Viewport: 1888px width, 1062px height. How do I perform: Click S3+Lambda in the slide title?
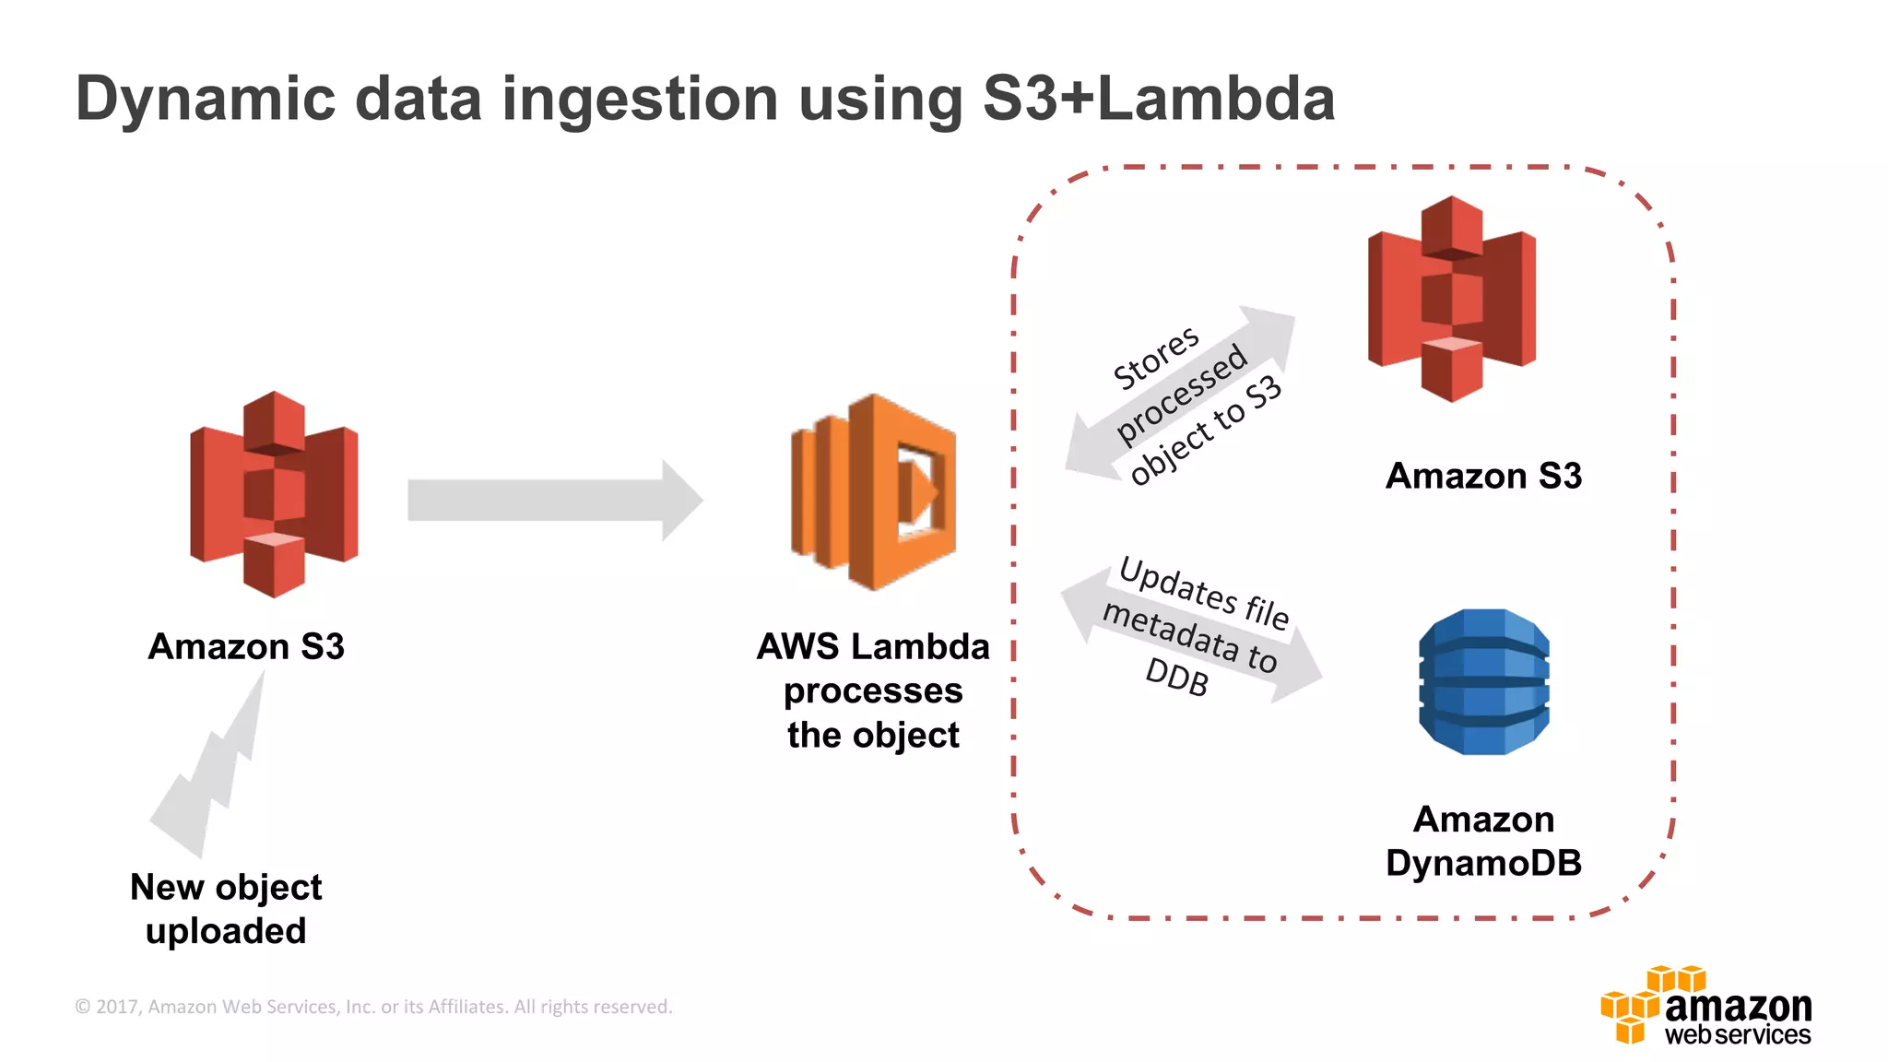(1159, 98)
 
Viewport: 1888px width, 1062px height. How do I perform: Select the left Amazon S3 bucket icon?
(274, 494)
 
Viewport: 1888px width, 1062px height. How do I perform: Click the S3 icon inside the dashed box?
(1452, 299)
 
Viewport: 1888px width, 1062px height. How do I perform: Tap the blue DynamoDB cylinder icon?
(1483, 681)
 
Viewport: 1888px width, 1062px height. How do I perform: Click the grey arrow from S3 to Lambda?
(553, 500)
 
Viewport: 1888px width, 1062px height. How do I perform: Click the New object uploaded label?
(226, 908)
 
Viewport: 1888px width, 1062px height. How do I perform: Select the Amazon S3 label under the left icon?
(246, 646)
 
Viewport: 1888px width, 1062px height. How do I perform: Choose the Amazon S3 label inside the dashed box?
(1483, 476)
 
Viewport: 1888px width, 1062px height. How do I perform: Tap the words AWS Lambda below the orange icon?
(872, 646)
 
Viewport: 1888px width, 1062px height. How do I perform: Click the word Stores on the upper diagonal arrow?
(1156, 358)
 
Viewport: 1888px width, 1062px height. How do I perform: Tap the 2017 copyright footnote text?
(373, 1007)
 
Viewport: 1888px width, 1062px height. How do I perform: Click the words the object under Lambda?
(872, 736)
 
